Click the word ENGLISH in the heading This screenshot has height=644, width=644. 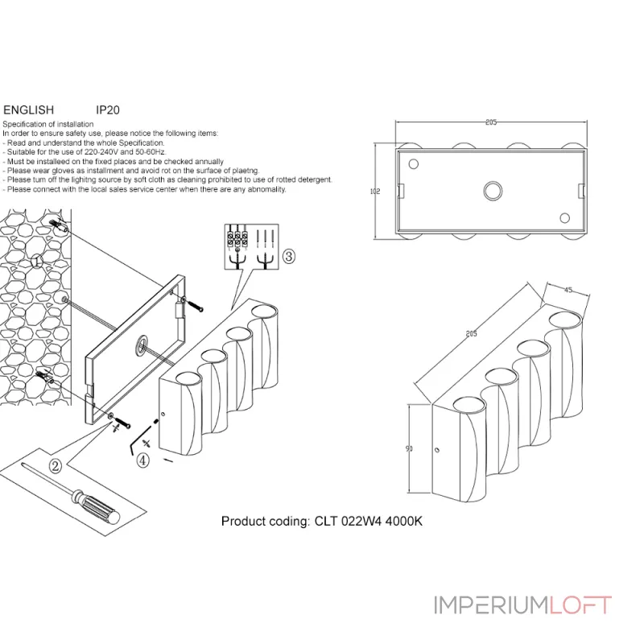pyautogui.click(x=29, y=109)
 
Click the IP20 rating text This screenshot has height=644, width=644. pyautogui.click(x=107, y=109)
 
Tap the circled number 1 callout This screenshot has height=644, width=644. pyautogui.click(x=36, y=260)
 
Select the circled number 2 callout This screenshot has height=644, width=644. pyautogui.click(x=56, y=465)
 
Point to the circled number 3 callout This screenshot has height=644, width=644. pyautogui.click(x=290, y=257)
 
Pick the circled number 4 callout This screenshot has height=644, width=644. pyautogui.click(x=142, y=461)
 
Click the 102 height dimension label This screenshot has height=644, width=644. pyautogui.click(x=374, y=192)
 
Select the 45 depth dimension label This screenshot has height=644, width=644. pyautogui.click(x=568, y=291)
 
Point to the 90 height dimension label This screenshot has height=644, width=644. pyautogui.click(x=409, y=448)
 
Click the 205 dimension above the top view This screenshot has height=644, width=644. pyautogui.click(x=491, y=122)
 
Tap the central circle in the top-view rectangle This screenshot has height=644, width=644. pyautogui.click(x=491, y=191)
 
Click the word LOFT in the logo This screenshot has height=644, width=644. pyautogui.click(x=581, y=605)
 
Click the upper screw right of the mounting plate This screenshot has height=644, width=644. pyautogui.click(x=196, y=305)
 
